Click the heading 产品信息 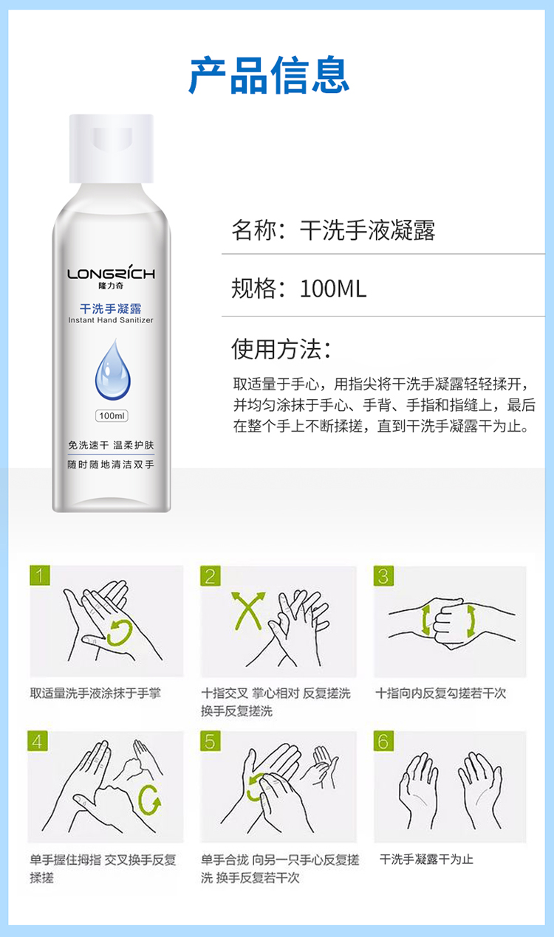point(269,75)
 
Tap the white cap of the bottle point(112,148)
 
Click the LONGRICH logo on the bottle point(111,273)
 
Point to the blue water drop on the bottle point(112,370)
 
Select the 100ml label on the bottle point(112,416)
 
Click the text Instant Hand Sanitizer point(111,320)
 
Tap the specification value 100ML point(333,288)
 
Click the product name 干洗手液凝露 point(368,230)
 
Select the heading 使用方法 point(281,349)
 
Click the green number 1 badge point(40,575)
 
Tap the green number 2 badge point(211,576)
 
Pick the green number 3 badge point(383,576)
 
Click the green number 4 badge point(38,741)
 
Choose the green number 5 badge point(211,741)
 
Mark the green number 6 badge point(383,741)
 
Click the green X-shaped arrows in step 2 point(248,611)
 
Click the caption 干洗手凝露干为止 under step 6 point(426,860)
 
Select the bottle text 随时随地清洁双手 point(111,464)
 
